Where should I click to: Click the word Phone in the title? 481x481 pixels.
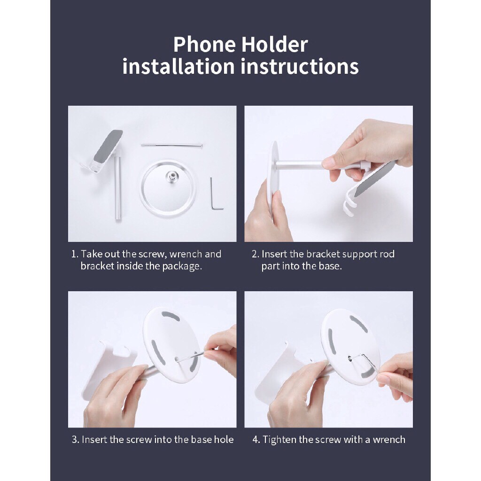click(x=205, y=45)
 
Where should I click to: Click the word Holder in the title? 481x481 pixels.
click(x=274, y=45)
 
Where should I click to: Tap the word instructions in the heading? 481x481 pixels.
click(x=300, y=67)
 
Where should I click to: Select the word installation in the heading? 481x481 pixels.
click(x=178, y=67)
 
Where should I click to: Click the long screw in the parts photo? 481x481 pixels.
click(x=172, y=145)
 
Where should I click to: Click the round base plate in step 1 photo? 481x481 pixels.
click(x=168, y=188)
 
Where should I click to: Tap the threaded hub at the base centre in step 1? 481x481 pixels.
click(x=171, y=177)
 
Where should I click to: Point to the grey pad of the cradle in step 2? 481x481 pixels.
click(x=375, y=178)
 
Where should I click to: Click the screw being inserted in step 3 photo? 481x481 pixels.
click(x=191, y=356)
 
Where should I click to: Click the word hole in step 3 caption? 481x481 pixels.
click(x=224, y=440)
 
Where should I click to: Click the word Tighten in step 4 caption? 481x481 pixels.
click(x=279, y=440)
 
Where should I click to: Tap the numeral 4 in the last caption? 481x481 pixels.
click(x=255, y=440)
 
